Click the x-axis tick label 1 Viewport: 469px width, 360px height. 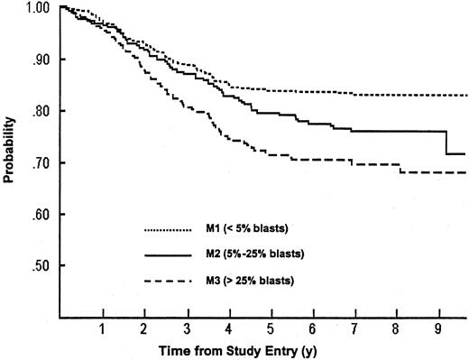pyautogui.click(x=103, y=328)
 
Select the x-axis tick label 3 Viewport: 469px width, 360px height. pyautogui.click(x=186, y=328)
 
